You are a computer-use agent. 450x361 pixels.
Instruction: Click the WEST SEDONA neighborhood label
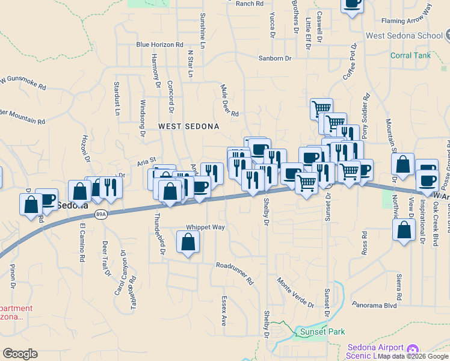coord(188,126)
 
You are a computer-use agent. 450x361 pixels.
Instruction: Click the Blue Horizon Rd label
coord(159,45)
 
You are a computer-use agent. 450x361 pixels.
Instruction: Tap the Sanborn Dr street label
coord(274,58)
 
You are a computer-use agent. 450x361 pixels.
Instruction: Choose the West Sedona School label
coord(404,35)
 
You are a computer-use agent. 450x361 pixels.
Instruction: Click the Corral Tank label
coord(410,55)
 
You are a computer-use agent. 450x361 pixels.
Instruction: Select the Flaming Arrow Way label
coord(407,17)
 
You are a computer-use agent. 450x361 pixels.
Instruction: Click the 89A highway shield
coord(101,214)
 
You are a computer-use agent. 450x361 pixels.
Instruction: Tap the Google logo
coord(20,354)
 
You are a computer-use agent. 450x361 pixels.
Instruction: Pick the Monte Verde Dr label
coord(295,291)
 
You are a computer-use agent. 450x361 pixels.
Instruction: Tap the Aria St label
coord(146,161)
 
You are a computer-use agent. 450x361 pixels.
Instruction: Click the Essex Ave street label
coord(223,310)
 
